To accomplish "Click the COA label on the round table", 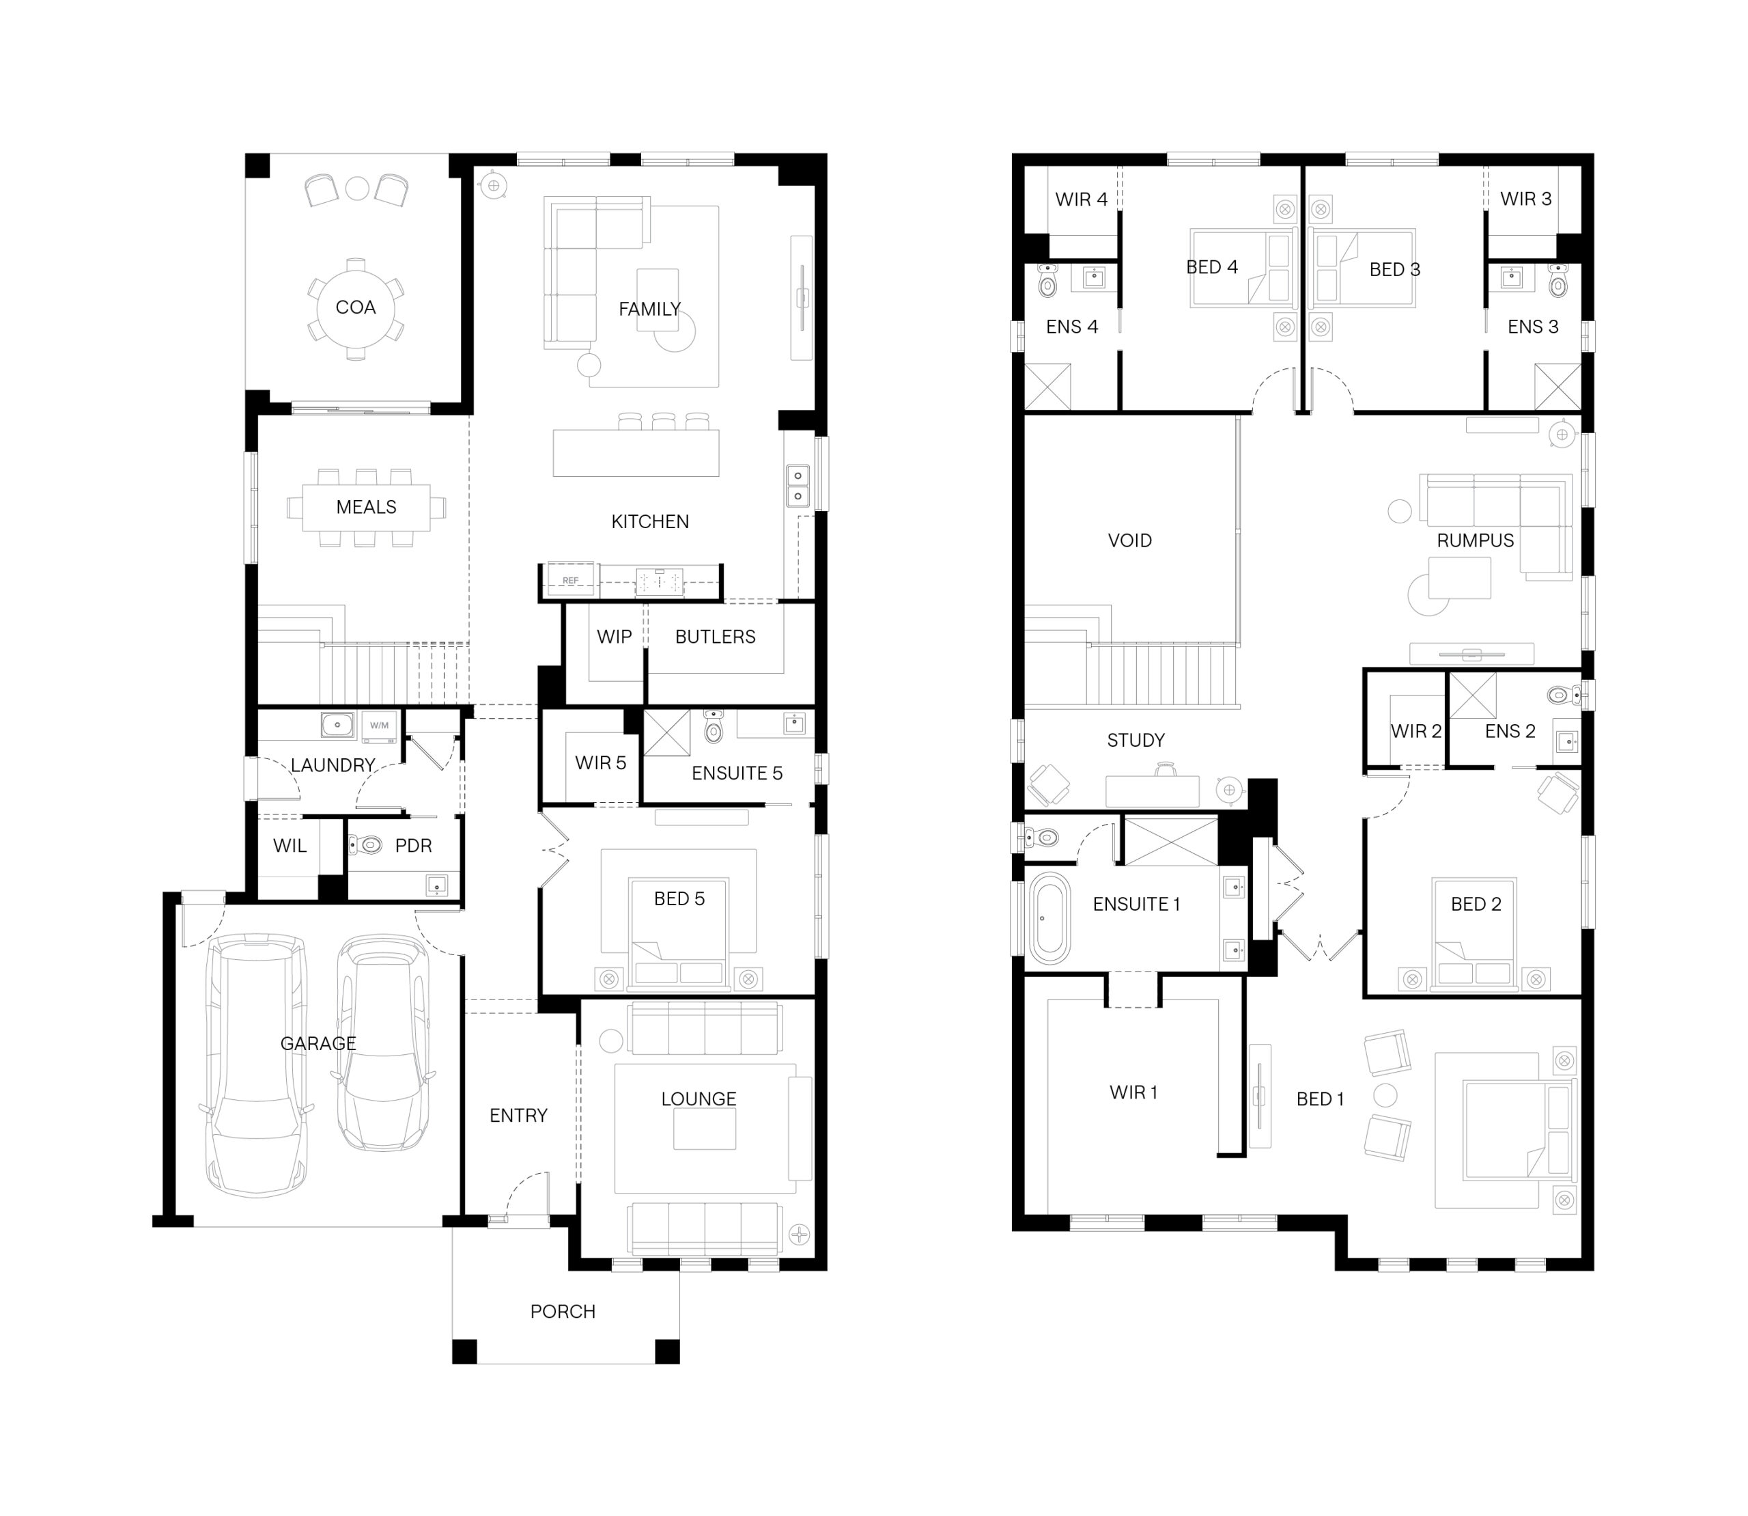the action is coord(355,307).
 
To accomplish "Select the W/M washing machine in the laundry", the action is coord(379,726).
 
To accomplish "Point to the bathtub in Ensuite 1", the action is coord(1049,918).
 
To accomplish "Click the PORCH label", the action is coord(563,1311).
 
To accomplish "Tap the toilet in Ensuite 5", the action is coord(714,725).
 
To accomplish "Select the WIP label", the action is coord(614,637).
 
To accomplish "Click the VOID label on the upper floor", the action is coord(1130,540).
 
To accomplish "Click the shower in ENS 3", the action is coord(1557,387).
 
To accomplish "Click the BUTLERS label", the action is coord(715,637).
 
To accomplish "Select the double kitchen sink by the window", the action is coord(798,486).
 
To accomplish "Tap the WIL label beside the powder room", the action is coord(290,845).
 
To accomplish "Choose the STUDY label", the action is coord(1136,740).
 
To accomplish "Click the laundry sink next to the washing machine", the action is coord(337,725).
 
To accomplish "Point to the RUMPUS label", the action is coord(1475,540).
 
